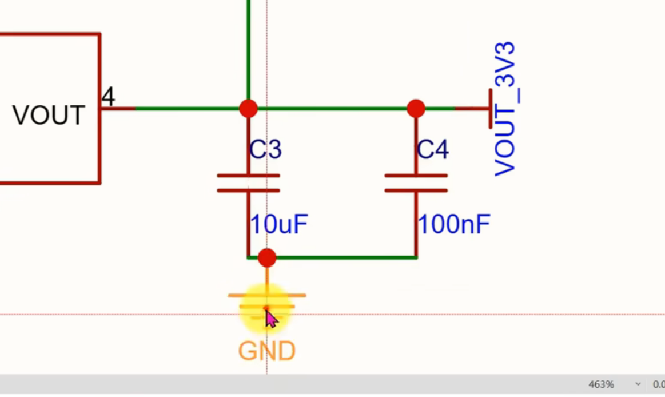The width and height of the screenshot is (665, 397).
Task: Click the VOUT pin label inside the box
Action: tap(49, 115)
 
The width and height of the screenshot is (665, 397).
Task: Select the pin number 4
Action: tap(108, 97)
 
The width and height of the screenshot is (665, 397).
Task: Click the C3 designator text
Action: tap(265, 149)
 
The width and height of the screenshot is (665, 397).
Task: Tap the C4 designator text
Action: tap(433, 149)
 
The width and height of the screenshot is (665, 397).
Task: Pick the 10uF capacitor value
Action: tap(278, 224)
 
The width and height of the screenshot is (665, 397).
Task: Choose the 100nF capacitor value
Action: tap(454, 224)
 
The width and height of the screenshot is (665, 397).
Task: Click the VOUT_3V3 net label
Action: tap(505, 109)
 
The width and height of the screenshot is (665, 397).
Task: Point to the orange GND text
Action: tap(267, 351)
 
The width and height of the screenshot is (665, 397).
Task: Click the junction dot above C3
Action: tap(248, 109)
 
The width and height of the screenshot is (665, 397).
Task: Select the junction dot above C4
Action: tap(416, 109)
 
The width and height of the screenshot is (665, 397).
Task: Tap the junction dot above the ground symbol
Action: tap(267, 258)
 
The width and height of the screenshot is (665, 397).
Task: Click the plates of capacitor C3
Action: tap(248, 183)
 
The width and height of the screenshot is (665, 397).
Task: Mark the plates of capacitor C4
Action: tap(416, 183)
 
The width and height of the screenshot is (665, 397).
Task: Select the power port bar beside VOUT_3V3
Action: tap(491, 109)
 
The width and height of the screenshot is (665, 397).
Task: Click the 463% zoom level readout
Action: tap(601, 384)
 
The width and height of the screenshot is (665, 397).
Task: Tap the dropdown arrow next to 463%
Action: tap(638, 384)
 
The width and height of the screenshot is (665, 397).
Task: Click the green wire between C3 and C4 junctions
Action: tap(332, 109)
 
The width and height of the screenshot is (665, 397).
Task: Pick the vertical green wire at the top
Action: tap(248, 50)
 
